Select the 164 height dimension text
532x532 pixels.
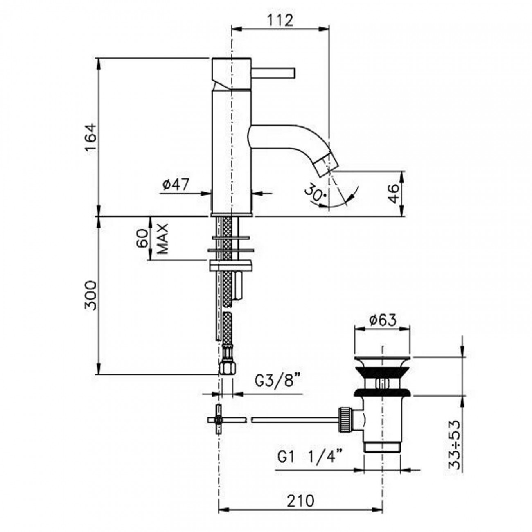[x=91, y=137]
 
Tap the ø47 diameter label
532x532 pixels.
[x=176, y=185]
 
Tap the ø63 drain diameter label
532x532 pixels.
[x=382, y=320]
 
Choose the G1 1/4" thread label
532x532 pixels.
[x=310, y=457]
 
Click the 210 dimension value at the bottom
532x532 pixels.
[x=301, y=500]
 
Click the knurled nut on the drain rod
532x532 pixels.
[x=344, y=419]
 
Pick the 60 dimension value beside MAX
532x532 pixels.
[x=142, y=239]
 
